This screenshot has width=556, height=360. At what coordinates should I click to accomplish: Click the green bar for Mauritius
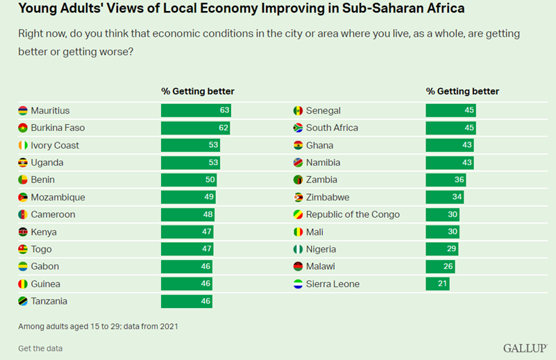[x=196, y=110]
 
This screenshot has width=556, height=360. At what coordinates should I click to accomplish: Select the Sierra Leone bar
[x=437, y=284]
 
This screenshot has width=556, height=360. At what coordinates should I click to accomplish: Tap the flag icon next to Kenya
[x=23, y=232]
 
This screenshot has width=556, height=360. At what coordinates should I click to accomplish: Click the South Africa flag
[x=298, y=128]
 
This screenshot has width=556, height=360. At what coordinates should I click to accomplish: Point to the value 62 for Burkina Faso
[x=222, y=128]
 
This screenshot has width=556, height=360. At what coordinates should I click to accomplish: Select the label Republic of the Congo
[x=353, y=214]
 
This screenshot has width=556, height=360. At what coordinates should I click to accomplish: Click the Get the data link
[x=40, y=348]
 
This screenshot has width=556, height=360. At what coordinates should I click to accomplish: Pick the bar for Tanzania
[x=186, y=301]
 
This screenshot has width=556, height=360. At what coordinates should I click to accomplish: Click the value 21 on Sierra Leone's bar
[x=442, y=284]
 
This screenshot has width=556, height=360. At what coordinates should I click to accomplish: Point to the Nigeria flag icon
[x=298, y=249]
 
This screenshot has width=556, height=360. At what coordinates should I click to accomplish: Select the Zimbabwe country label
[x=328, y=197]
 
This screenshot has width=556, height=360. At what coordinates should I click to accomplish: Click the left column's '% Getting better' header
[x=198, y=91]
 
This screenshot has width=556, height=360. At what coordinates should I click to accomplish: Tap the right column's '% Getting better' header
[x=462, y=91]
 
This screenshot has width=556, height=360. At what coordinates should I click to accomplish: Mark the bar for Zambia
[x=446, y=180]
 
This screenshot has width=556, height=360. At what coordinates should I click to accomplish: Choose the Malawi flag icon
[x=298, y=266]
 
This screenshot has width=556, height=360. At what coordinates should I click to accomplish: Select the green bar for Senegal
[x=450, y=110]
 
